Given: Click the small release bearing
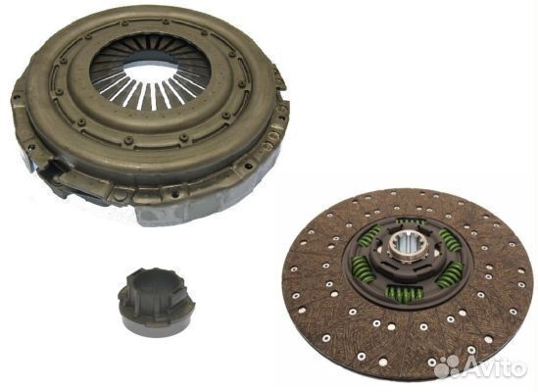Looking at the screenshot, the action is click(156, 302).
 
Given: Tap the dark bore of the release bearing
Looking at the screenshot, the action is click(151, 282).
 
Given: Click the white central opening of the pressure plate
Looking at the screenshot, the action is click(150, 73).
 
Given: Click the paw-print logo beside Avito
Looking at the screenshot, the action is click(447, 367).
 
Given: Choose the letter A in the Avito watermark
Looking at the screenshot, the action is click(470, 367).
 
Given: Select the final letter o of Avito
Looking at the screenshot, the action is click(518, 368).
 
